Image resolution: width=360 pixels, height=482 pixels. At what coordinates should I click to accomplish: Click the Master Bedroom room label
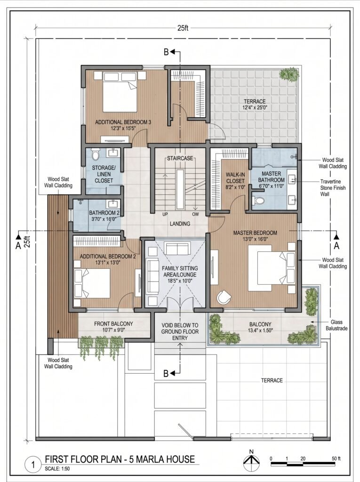255,236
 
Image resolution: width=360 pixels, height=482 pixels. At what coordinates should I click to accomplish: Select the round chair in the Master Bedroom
224,297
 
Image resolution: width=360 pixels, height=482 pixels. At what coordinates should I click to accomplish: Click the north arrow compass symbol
251,461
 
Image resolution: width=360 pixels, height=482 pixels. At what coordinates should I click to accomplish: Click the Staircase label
180,158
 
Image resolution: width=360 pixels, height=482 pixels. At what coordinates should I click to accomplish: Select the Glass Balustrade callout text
336,325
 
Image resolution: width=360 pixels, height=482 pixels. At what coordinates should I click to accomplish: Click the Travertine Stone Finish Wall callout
333,188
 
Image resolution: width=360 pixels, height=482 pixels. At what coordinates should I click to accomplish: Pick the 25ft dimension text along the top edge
183,28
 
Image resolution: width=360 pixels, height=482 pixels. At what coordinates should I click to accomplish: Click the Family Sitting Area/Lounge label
180,274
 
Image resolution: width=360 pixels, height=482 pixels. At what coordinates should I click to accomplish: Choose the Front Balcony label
113,327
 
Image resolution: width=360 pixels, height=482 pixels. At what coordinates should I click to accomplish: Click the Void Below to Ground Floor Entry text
180,331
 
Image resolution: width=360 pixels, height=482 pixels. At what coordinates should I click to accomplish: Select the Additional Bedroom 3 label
123,125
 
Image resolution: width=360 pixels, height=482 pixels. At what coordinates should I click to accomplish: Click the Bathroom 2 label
104,216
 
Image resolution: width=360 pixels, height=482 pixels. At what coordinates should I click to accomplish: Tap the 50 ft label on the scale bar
336,458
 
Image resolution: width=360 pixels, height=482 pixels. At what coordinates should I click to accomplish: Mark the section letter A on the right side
336,246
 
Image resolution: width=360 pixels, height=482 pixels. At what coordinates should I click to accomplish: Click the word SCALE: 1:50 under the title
57,469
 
